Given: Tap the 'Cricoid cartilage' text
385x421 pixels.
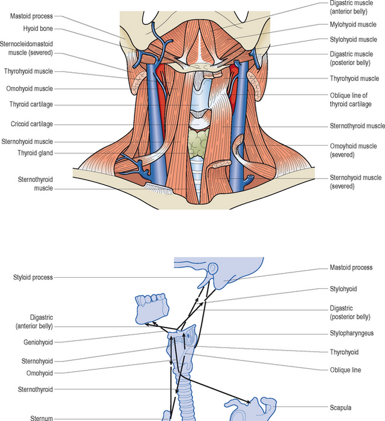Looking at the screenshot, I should [x=31, y=124].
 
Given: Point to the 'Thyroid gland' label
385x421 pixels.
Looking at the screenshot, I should [x=35, y=152].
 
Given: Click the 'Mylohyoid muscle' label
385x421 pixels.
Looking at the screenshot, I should [x=352, y=25].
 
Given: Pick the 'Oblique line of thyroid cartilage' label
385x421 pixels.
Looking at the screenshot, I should [x=351, y=100].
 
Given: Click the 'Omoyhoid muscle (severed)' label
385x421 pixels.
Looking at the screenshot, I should [x=351, y=150].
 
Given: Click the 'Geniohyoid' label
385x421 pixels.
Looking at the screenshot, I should [x=36, y=342].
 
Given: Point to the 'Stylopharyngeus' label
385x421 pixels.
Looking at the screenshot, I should [x=351, y=333].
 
